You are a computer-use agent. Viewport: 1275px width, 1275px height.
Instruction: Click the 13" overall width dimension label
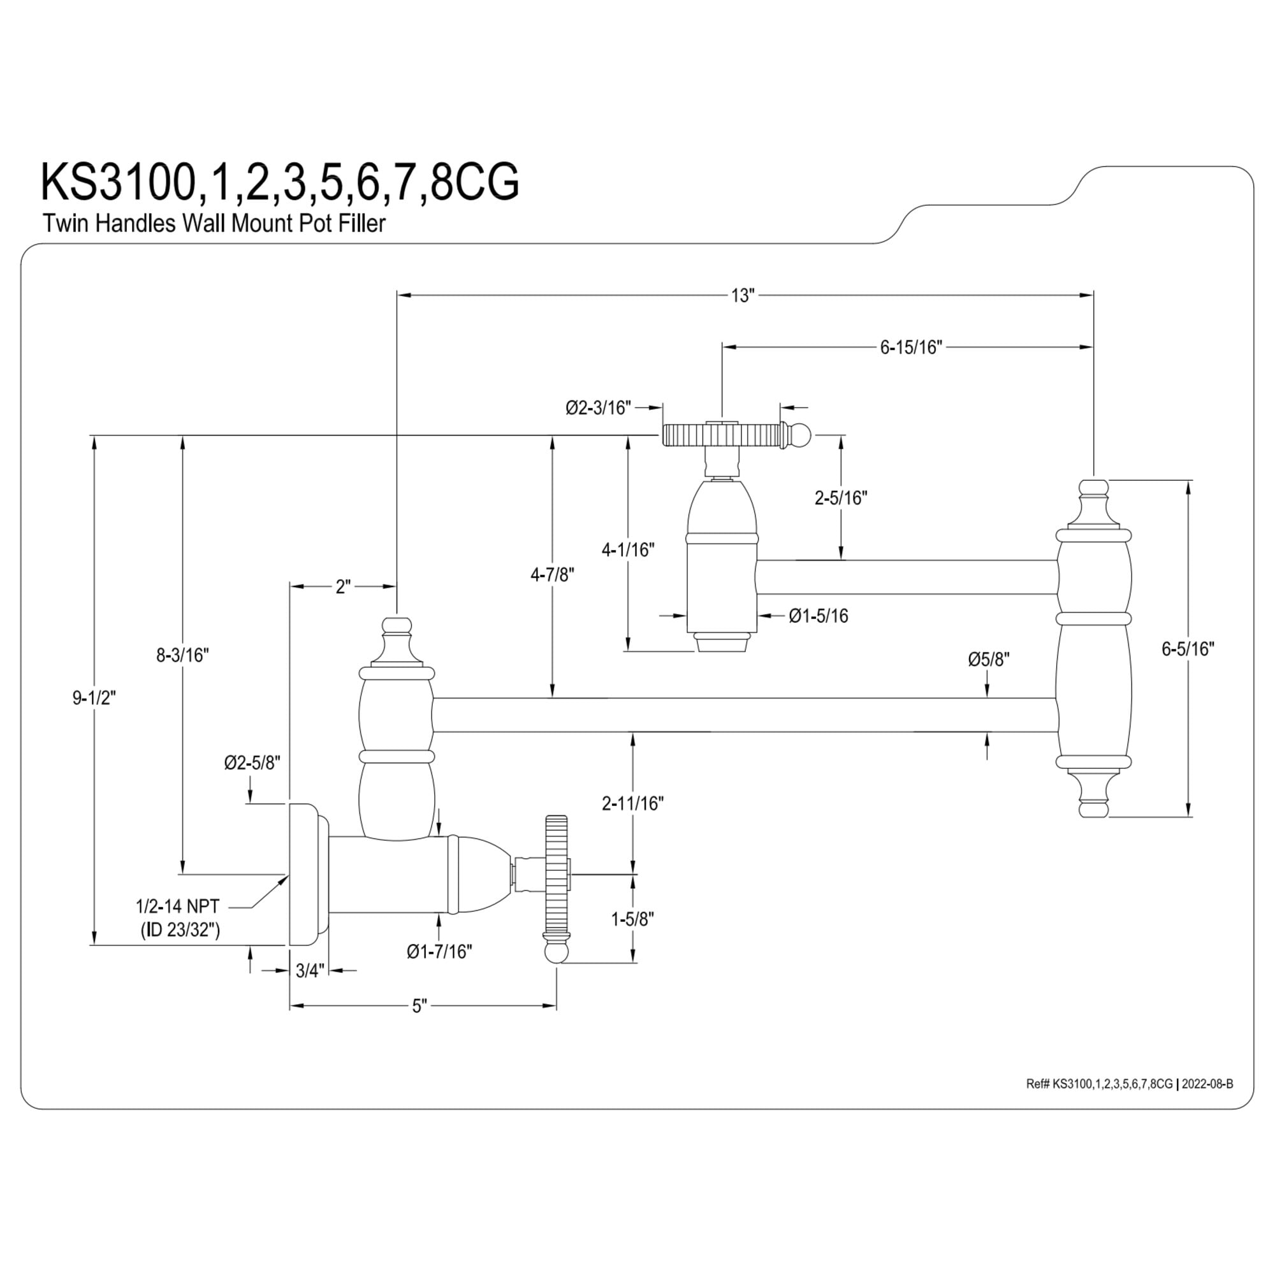(x=743, y=295)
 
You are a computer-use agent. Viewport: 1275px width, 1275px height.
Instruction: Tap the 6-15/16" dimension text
(x=911, y=347)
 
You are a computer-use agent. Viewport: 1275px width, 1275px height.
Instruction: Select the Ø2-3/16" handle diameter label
(x=598, y=407)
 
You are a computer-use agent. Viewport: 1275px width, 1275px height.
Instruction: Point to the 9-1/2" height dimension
(x=94, y=697)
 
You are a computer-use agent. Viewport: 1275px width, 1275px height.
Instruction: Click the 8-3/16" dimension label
(x=182, y=655)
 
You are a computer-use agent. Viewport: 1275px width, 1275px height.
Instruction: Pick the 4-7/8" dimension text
(x=552, y=575)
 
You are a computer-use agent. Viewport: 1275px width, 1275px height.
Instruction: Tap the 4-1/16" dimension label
(x=627, y=548)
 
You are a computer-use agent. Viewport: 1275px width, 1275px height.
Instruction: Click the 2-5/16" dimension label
(x=841, y=498)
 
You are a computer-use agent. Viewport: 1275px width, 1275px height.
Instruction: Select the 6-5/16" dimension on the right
(x=1188, y=649)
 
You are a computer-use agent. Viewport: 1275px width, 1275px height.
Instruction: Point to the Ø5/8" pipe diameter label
(x=989, y=659)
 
